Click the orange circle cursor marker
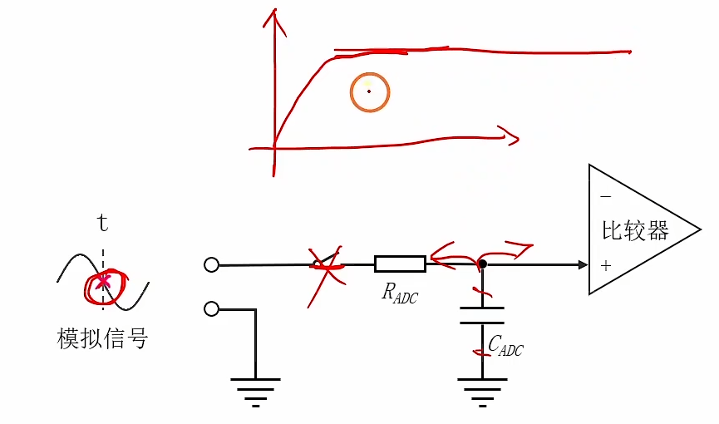(x=369, y=91)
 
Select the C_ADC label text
(x=505, y=345)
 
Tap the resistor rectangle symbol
(x=400, y=264)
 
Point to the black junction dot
(x=482, y=264)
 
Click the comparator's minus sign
(x=605, y=196)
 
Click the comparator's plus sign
(x=605, y=266)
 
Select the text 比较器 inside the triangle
(x=635, y=230)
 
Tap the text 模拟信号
(x=102, y=338)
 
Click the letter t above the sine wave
(x=103, y=223)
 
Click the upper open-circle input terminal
(x=211, y=265)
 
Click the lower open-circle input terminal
(x=211, y=309)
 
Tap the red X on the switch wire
(x=323, y=265)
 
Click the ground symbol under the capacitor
(x=482, y=390)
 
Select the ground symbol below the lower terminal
(x=255, y=390)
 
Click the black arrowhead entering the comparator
(x=583, y=265)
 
